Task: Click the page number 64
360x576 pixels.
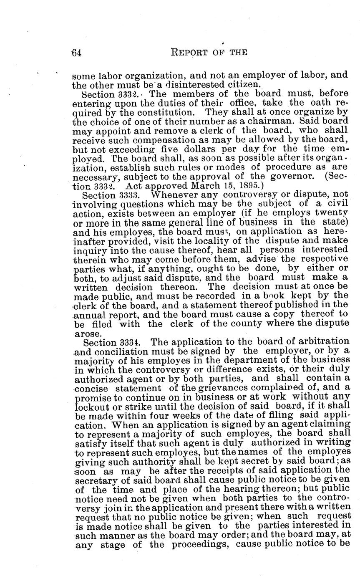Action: [x=76, y=52]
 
